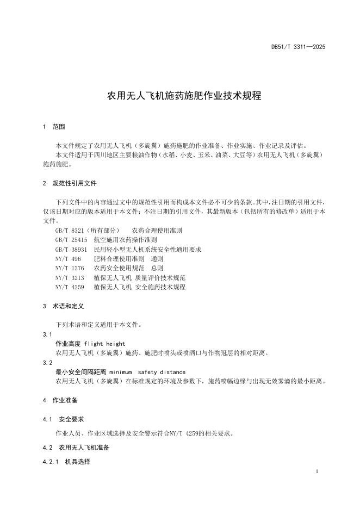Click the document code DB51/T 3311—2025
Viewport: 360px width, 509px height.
298,47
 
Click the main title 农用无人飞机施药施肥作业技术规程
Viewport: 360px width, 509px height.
184,96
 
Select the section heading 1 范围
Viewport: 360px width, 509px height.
54,127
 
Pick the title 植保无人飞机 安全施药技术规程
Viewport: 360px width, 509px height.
140,287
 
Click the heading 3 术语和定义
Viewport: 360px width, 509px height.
63,306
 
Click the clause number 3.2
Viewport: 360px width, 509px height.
47,363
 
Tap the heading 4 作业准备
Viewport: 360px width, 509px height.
60,400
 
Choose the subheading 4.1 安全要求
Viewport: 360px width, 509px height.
63,419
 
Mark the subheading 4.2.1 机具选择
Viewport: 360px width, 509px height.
66,462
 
